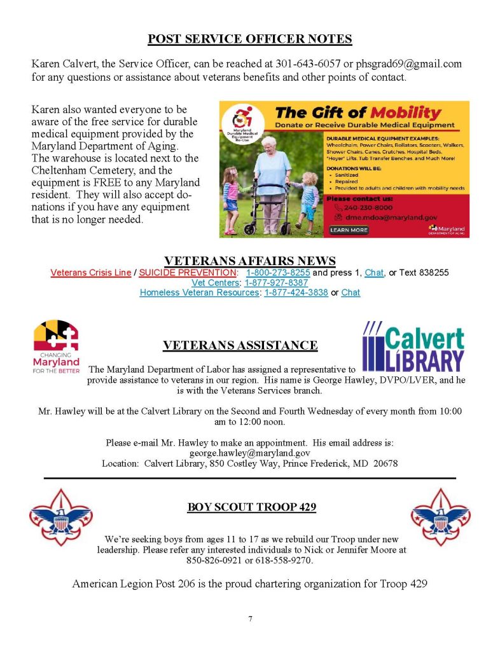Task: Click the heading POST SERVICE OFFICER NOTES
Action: pyautogui.click(x=249, y=39)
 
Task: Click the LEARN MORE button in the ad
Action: pyautogui.click(x=349, y=230)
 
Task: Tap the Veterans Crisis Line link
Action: pyautogui.click(x=90, y=272)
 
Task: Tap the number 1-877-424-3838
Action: pyautogui.click(x=297, y=292)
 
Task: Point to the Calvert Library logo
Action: pyautogui.click(x=412, y=347)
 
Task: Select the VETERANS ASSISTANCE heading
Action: pyautogui.click(x=240, y=345)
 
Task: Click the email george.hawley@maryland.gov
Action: pyautogui.click(x=250, y=453)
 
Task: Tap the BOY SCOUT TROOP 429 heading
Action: pyautogui.click(x=252, y=507)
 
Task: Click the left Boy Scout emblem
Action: pyautogui.click(x=60, y=516)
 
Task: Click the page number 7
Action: pyautogui.click(x=250, y=619)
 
